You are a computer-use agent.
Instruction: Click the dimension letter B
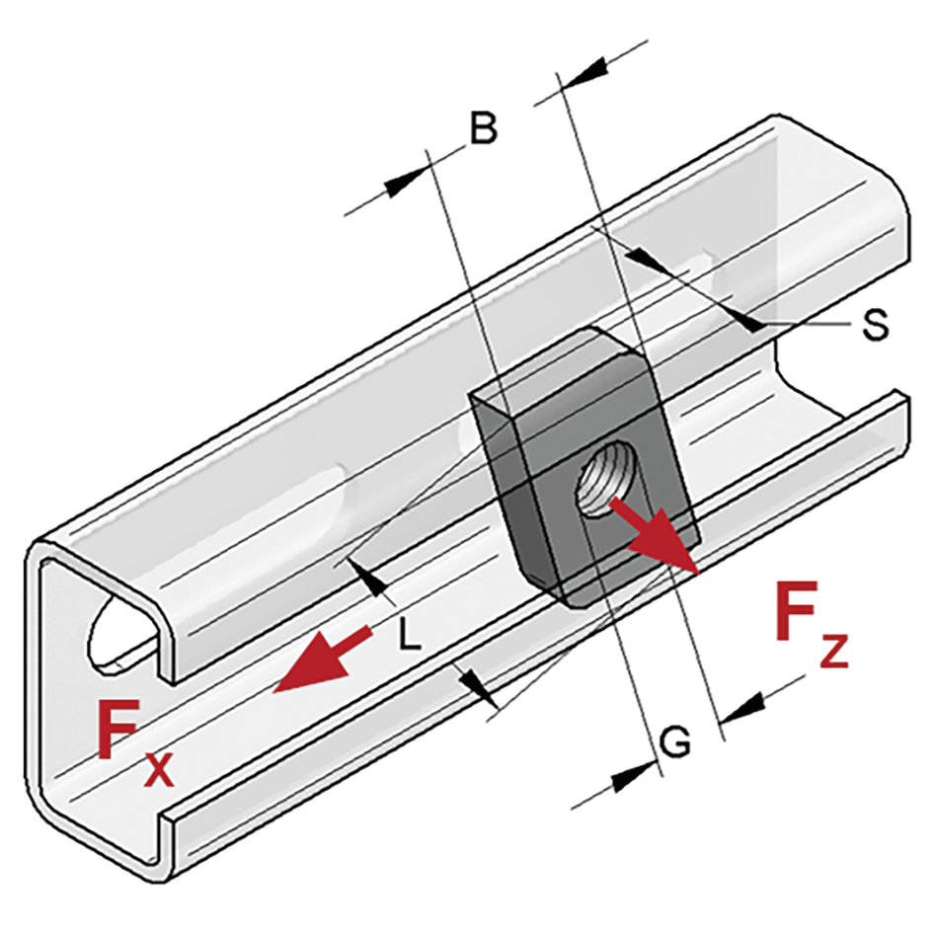click(x=482, y=129)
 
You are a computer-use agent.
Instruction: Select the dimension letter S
click(x=874, y=325)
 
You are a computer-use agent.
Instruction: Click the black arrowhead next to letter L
click(x=372, y=582)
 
